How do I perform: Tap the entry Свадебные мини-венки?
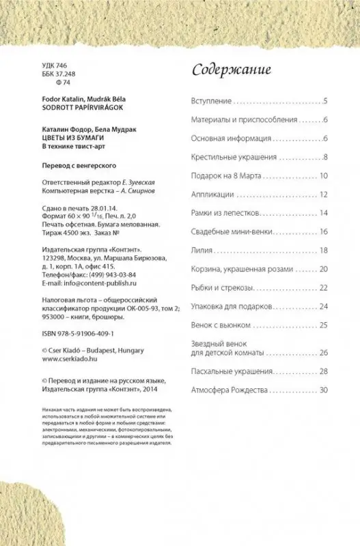(x=229, y=232)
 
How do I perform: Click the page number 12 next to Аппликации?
(x=324, y=195)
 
